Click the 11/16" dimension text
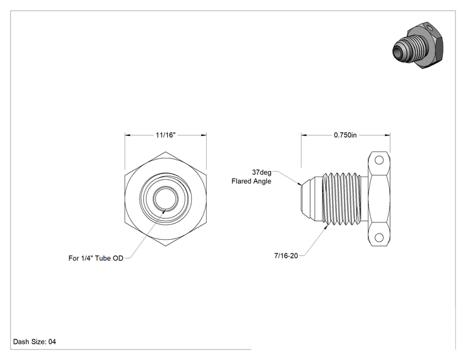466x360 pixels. tap(165, 135)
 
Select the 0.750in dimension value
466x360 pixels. tap(345, 135)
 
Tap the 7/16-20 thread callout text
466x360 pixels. tap(286, 255)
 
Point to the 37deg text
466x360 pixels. tap(262, 172)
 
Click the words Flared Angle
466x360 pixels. tap(251, 181)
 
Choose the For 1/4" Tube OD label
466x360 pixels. tap(96, 259)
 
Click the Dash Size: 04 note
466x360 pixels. tap(34, 342)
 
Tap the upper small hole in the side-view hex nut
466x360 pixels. tap(379, 160)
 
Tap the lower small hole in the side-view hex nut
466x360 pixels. tap(379, 238)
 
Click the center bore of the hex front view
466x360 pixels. tap(165, 198)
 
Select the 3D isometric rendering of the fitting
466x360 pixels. tap(418, 46)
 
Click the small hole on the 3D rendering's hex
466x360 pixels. tap(430, 28)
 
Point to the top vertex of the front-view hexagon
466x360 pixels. tap(165, 152)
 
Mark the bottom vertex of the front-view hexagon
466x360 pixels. tap(165, 246)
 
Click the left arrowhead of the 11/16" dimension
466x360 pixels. tap(128, 135)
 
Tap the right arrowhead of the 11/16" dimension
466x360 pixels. tap(204, 135)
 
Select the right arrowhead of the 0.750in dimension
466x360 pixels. tap(388, 135)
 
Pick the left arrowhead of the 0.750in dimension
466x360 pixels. tap(304, 135)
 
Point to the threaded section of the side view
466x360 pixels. tap(342, 198)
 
